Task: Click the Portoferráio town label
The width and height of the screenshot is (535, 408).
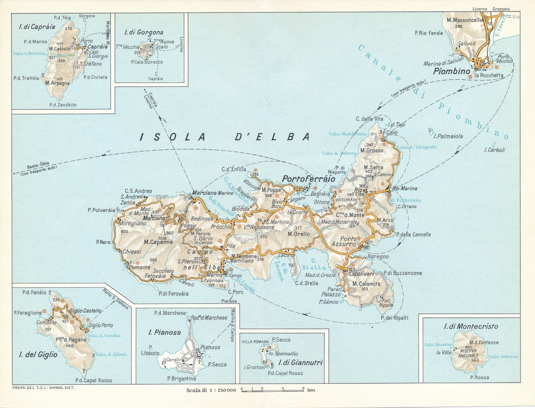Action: [x=308, y=178]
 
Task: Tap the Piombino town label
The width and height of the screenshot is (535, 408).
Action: [x=451, y=71]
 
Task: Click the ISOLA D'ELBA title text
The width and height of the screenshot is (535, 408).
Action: [x=225, y=136]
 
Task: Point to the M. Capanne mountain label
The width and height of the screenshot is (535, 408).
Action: [x=158, y=242]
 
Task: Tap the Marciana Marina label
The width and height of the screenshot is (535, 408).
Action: [x=212, y=193]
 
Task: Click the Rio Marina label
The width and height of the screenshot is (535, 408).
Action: [x=404, y=188]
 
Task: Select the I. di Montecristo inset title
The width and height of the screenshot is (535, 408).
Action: [x=471, y=326]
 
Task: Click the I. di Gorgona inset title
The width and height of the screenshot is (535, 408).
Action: [x=143, y=32]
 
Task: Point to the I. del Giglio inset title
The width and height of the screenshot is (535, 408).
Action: [x=38, y=354]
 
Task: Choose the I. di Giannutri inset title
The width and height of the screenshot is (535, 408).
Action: [x=301, y=362]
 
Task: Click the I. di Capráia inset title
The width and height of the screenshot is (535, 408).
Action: [x=37, y=26]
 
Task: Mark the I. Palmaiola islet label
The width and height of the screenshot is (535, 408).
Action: [x=448, y=136]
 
